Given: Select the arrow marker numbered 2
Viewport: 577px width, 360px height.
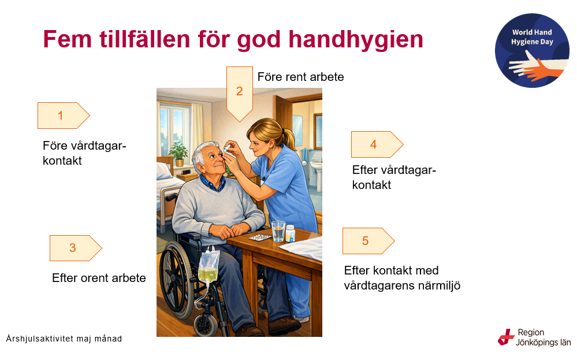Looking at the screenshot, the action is click(240, 94).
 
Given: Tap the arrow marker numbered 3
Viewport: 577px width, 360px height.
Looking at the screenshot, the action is click(76, 248).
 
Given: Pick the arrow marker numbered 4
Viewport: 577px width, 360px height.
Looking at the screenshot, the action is click(377, 144).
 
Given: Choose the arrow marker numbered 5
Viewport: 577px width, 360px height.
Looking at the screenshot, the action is click(368, 241).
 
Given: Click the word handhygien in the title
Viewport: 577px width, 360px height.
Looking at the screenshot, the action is click(356, 39).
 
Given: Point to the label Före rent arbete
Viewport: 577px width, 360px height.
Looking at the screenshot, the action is click(301, 77).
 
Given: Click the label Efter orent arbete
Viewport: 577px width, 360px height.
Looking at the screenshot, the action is click(99, 278).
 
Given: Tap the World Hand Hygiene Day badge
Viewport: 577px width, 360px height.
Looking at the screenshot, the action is click(532, 50).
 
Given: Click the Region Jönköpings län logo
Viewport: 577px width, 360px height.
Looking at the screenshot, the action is click(534, 337).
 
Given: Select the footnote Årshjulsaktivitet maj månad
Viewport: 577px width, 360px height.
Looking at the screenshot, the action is click(64, 339).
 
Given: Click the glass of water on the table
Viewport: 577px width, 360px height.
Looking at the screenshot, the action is click(278, 231).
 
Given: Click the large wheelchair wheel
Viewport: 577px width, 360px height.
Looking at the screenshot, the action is click(176, 280).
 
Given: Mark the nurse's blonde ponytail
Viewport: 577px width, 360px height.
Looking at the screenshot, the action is click(289, 139).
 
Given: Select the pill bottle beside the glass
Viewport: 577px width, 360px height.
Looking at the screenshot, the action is click(291, 233).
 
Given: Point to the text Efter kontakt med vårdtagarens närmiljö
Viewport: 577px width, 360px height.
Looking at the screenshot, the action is click(402, 278).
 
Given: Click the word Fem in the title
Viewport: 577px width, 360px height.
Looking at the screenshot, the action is click(68, 39).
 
